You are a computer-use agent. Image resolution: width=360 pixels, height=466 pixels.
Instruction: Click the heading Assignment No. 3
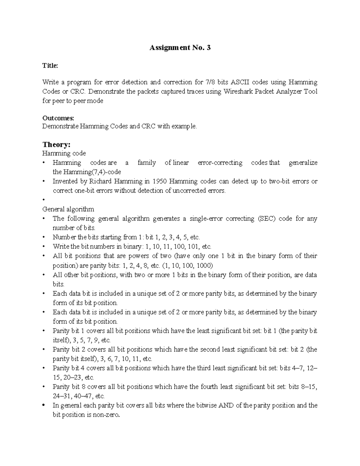(x=180, y=47)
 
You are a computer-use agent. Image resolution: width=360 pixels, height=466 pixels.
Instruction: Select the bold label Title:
(x=50, y=66)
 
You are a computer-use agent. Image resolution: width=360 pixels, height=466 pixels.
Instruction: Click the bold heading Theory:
(x=56, y=145)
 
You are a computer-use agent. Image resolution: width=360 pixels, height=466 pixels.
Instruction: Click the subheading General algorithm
(x=68, y=209)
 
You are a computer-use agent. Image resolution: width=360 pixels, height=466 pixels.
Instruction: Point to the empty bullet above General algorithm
(x=44, y=200)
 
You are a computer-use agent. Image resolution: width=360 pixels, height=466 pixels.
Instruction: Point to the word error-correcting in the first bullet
(x=220, y=163)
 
